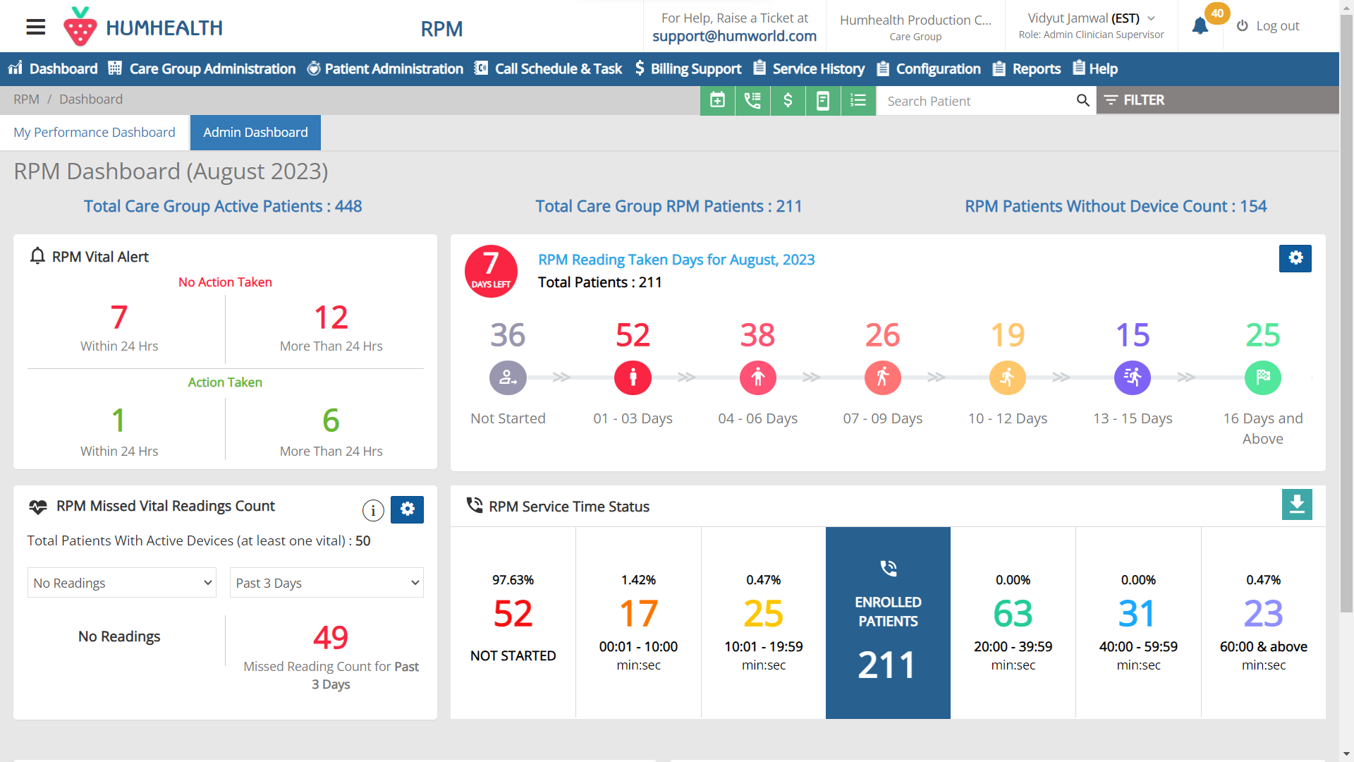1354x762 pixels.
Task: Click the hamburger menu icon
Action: click(35, 28)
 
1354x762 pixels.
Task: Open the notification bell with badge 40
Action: click(1200, 26)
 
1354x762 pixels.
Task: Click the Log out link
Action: click(1268, 26)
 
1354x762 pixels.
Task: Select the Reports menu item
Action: click(1027, 69)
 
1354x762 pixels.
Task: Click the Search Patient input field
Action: click(977, 101)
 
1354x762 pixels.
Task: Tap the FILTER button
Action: click(1134, 100)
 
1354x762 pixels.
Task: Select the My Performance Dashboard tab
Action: click(94, 133)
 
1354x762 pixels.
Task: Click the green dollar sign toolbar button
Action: click(788, 101)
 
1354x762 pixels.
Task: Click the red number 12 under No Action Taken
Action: click(331, 318)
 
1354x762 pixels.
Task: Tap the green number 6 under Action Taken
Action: click(331, 421)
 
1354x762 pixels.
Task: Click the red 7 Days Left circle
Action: click(491, 271)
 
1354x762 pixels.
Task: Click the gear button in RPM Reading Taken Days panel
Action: click(1295, 258)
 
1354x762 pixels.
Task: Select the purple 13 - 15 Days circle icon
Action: click(1132, 378)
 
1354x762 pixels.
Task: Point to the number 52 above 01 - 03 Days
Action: click(633, 335)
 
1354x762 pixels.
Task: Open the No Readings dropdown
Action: click(122, 583)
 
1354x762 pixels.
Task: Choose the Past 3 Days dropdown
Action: click(327, 583)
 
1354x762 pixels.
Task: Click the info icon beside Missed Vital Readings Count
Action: click(373, 509)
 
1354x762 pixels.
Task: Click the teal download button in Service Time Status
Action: click(1296, 504)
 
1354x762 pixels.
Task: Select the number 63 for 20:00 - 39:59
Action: click(1013, 614)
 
